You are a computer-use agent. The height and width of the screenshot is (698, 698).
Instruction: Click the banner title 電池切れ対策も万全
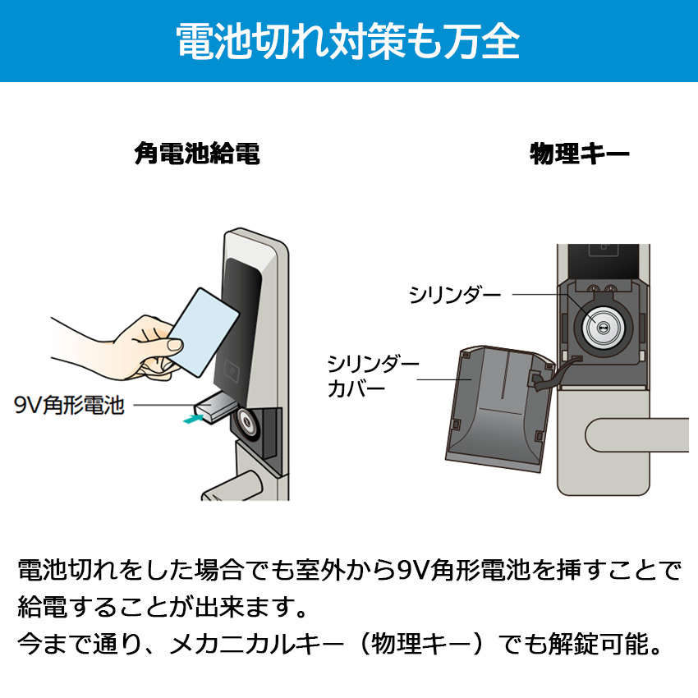(x=348, y=41)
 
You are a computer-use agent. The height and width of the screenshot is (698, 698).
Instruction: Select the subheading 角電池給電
(x=197, y=154)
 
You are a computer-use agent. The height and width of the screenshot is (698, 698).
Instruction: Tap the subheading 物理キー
(x=580, y=154)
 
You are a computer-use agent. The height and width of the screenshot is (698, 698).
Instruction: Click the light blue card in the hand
(x=204, y=332)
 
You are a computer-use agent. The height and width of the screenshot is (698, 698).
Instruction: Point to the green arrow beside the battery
(x=194, y=419)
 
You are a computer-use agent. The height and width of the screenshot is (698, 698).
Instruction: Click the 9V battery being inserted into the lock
(x=213, y=408)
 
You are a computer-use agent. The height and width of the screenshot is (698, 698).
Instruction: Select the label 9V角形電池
(x=69, y=405)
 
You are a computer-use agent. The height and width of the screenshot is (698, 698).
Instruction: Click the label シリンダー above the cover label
(x=455, y=294)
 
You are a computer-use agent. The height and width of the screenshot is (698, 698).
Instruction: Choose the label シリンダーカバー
(x=373, y=376)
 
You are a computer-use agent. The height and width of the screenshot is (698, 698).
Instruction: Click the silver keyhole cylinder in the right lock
(x=603, y=329)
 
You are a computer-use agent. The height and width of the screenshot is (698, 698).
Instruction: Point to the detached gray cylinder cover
(x=498, y=408)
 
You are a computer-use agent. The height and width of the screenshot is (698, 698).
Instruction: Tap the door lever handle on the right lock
(x=637, y=435)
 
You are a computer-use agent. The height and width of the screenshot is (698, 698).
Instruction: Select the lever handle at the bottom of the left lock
(x=232, y=487)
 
